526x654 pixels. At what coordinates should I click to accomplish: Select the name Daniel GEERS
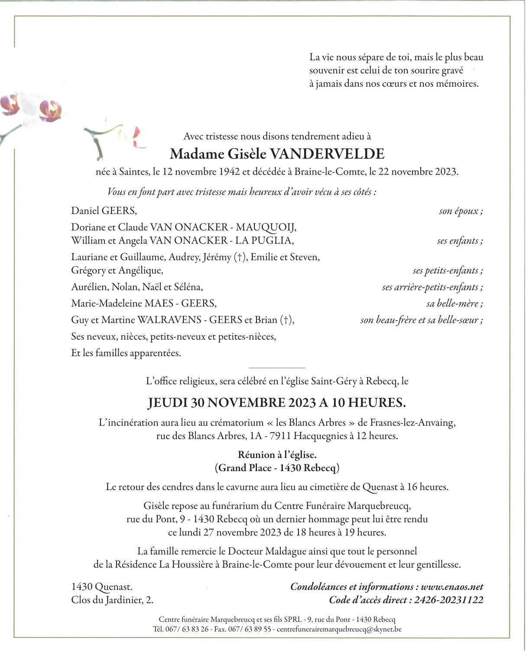coord(104,211)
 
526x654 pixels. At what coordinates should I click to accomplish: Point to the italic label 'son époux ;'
coord(461,211)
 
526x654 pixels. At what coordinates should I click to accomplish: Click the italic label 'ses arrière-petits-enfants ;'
coord(432,287)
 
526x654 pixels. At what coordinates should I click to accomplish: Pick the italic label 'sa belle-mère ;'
coord(455,304)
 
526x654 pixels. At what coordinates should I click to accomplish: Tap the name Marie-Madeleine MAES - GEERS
coord(144,303)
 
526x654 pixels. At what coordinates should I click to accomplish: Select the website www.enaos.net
coord(452,587)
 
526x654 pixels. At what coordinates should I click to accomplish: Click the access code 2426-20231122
coord(448,600)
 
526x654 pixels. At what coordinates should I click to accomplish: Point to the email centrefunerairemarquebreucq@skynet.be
coord(339,629)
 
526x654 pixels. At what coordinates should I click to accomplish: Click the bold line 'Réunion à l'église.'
coord(277,455)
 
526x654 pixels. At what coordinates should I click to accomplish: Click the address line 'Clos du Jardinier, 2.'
coord(112,600)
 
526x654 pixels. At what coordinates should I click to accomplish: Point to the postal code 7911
coord(280,436)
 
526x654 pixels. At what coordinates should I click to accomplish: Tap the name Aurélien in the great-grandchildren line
coord(89,287)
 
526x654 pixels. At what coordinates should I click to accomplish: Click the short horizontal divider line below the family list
coord(277,368)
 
